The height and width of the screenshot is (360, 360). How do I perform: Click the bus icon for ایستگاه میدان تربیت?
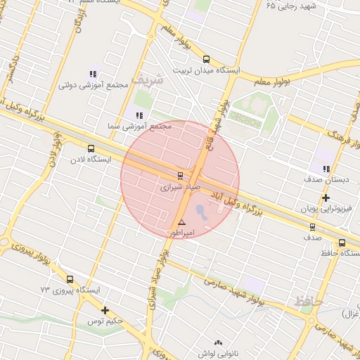pyautogui.click(x=205, y=60)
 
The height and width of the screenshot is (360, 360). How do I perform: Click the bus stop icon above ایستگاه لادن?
pyautogui.click(x=91, y=148)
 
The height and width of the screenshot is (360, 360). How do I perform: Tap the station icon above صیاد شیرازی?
pyautogui.click(x=181, y=175)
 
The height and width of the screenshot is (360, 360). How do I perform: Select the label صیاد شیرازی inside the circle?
pyautogui.click(x=181, y=188)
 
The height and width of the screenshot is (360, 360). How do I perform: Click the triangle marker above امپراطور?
pyautogui.click(x=181, y=221)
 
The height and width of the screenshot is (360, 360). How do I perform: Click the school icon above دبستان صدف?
pyautogui.click(x=326, y=169)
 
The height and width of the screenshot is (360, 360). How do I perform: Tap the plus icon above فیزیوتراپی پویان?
pyautogui.click(x=326, y=198)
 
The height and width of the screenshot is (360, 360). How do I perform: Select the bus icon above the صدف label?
pyautogui.click(x=313, y=227)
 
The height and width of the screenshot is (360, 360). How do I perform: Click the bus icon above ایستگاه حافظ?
pyautogui.click(x=342, y=243)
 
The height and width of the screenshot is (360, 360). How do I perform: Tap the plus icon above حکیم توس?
pyautogui.click(x=105, y=310)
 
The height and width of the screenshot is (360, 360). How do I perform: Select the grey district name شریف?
pyautogui.click(x=151, y=79)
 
